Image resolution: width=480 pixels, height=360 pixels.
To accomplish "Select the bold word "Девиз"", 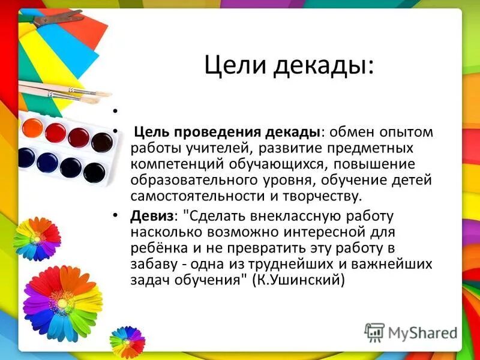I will pos(149,215).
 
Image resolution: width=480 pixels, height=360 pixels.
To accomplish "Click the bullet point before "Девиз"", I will pos(115,215).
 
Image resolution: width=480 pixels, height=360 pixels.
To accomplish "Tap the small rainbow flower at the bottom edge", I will pos(127,341).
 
